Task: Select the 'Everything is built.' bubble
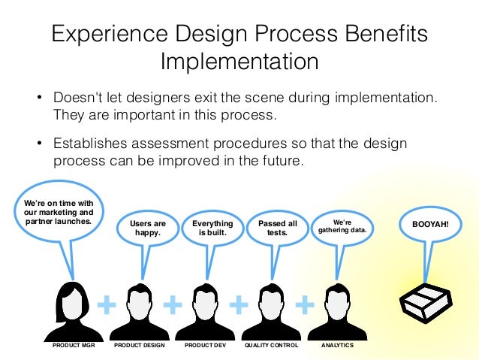pyautogui.click(x=212, y=228)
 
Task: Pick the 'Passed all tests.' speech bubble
pyautogui.click(x=278, y=228)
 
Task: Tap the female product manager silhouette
pyautogui.click(x=73, y=310)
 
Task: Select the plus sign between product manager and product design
pyautogui.click(x=107, y=304)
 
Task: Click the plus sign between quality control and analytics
pyautogui.click(x=305, y=304)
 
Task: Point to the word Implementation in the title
pyautogui.click(x=239, y=60)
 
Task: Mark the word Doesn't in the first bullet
pyautogui.click(x=77, y=99)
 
